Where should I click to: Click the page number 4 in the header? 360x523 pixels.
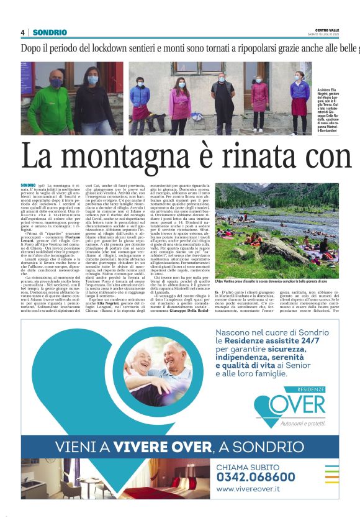tap(23, 32)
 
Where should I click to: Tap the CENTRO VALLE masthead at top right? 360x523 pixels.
tap(327, 30)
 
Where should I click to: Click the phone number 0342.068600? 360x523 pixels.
tap(256, 476)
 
